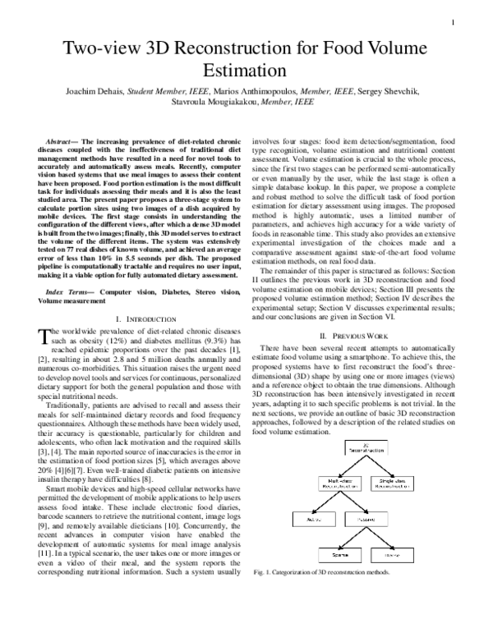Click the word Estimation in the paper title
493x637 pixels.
point(246,72)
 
